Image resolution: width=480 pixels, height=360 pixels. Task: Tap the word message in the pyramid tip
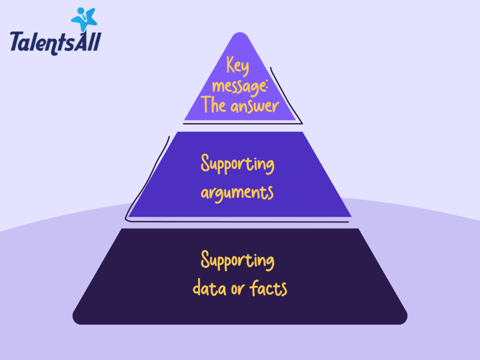tap(236, 85)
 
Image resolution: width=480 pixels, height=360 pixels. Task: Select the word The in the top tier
tap(214, 106)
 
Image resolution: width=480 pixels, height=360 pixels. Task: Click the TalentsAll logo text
tap(55, 43)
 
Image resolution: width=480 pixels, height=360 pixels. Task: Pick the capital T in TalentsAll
tap(17, 43)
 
